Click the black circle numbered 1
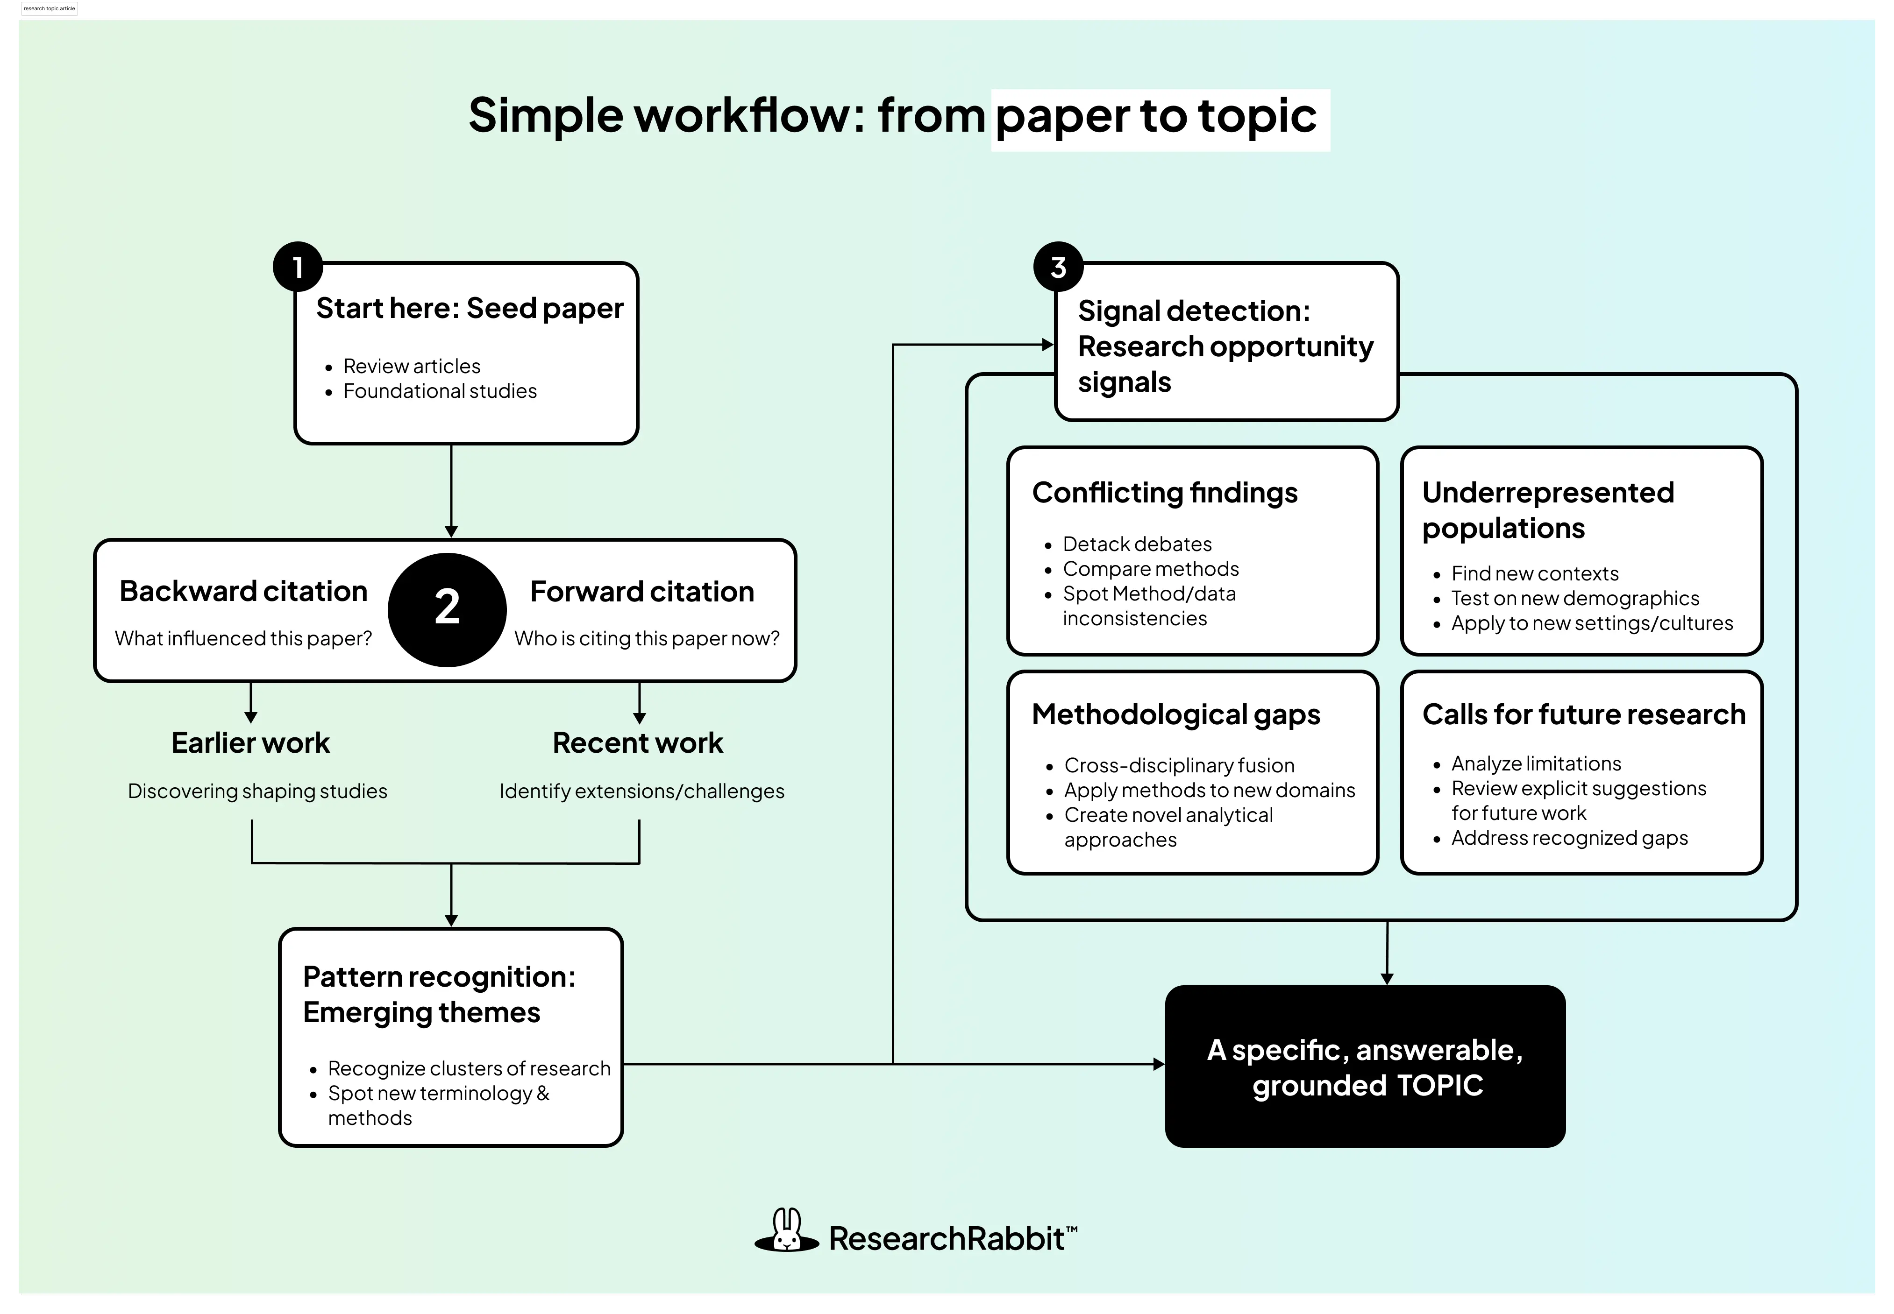[x=297, y=267]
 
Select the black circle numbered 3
[x=1058, y=267]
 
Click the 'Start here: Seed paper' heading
[x=470, y=308]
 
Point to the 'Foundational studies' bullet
[x=440, y=391]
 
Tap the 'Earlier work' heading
[x=250, y=742]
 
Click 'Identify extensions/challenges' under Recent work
[x=641, y=791]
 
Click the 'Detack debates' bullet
[x=1136, y=544]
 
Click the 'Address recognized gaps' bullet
[x=1569, y=838]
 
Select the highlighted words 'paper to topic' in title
[x=1156, y=116]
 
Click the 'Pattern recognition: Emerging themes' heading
[x=439, y=994]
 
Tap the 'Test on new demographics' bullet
[x=1574, y=599]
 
